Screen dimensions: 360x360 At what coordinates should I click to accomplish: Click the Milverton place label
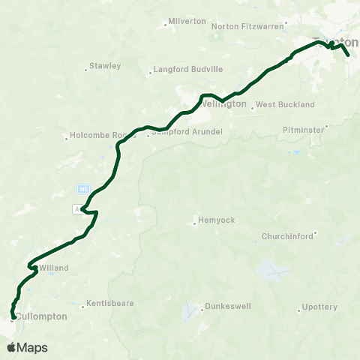point(187,21)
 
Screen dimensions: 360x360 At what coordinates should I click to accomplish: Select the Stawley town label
point(105,66)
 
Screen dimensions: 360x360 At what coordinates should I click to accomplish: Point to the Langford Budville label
point(187,70)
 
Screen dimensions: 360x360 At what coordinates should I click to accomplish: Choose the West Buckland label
point(285,105)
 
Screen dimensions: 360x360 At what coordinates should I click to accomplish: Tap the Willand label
point(53,268)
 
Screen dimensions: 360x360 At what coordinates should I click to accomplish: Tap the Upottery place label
point(319,307)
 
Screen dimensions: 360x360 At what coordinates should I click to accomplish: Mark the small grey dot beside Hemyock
point(194,220)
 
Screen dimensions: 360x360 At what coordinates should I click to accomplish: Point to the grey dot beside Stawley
point(86,72)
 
